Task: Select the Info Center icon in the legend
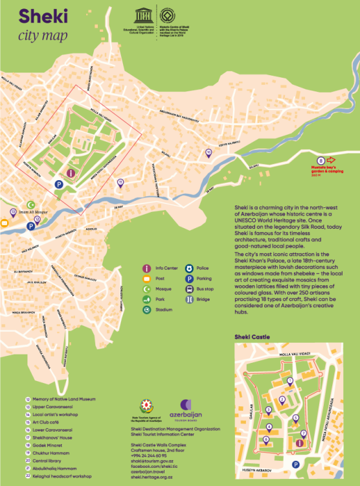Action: [x=147, y=268]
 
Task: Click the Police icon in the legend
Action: [x=190, y=268]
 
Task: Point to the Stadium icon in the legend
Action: [x=147, y=310]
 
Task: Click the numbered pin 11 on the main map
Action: [x=120, y=183]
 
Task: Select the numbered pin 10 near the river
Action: [x=208, y=153]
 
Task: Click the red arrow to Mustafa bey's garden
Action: [x=331, y=159]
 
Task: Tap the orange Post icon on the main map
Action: [x=4, y=224]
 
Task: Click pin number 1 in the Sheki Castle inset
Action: [x=290, y=380]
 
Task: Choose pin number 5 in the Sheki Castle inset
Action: [x=296, y=418]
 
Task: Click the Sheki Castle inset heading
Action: [x=254, y=338]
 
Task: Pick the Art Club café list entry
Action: [x=45, y=421]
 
